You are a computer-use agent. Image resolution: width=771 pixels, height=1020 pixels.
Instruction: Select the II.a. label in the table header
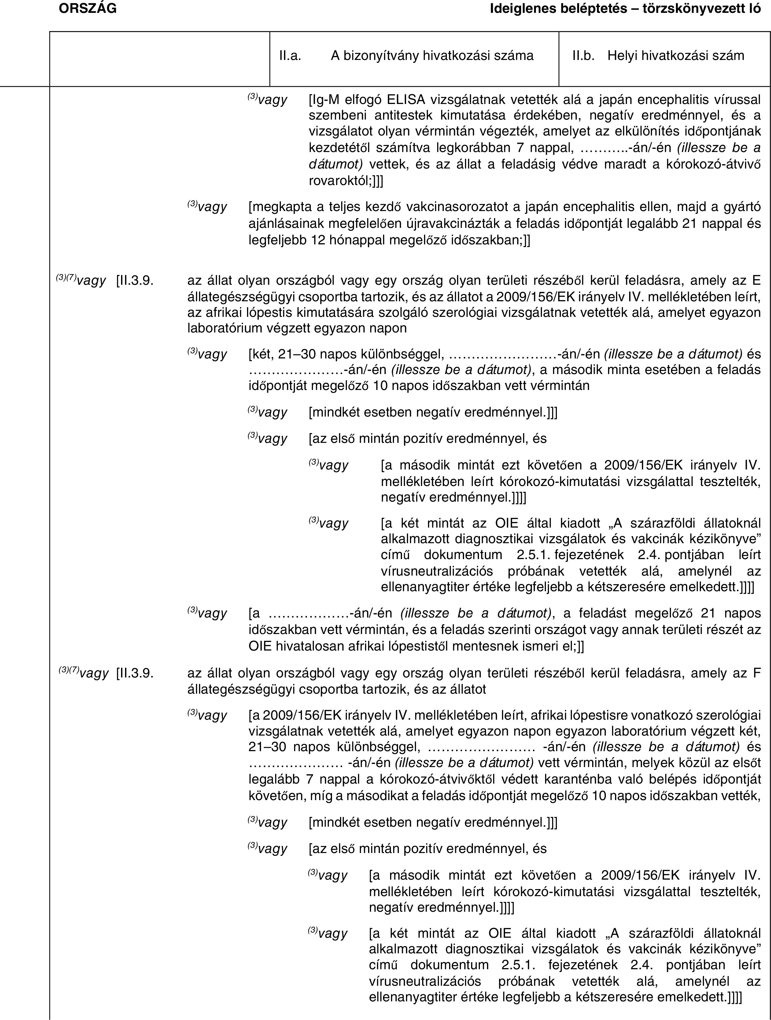(x=290, y=56)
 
